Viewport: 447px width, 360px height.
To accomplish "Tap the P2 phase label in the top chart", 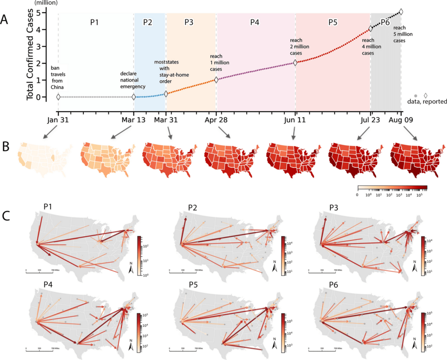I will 148,22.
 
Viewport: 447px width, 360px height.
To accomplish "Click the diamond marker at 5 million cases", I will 401,12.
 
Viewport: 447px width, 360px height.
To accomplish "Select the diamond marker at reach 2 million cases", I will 296,63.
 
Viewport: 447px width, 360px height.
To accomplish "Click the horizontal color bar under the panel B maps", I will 392,188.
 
